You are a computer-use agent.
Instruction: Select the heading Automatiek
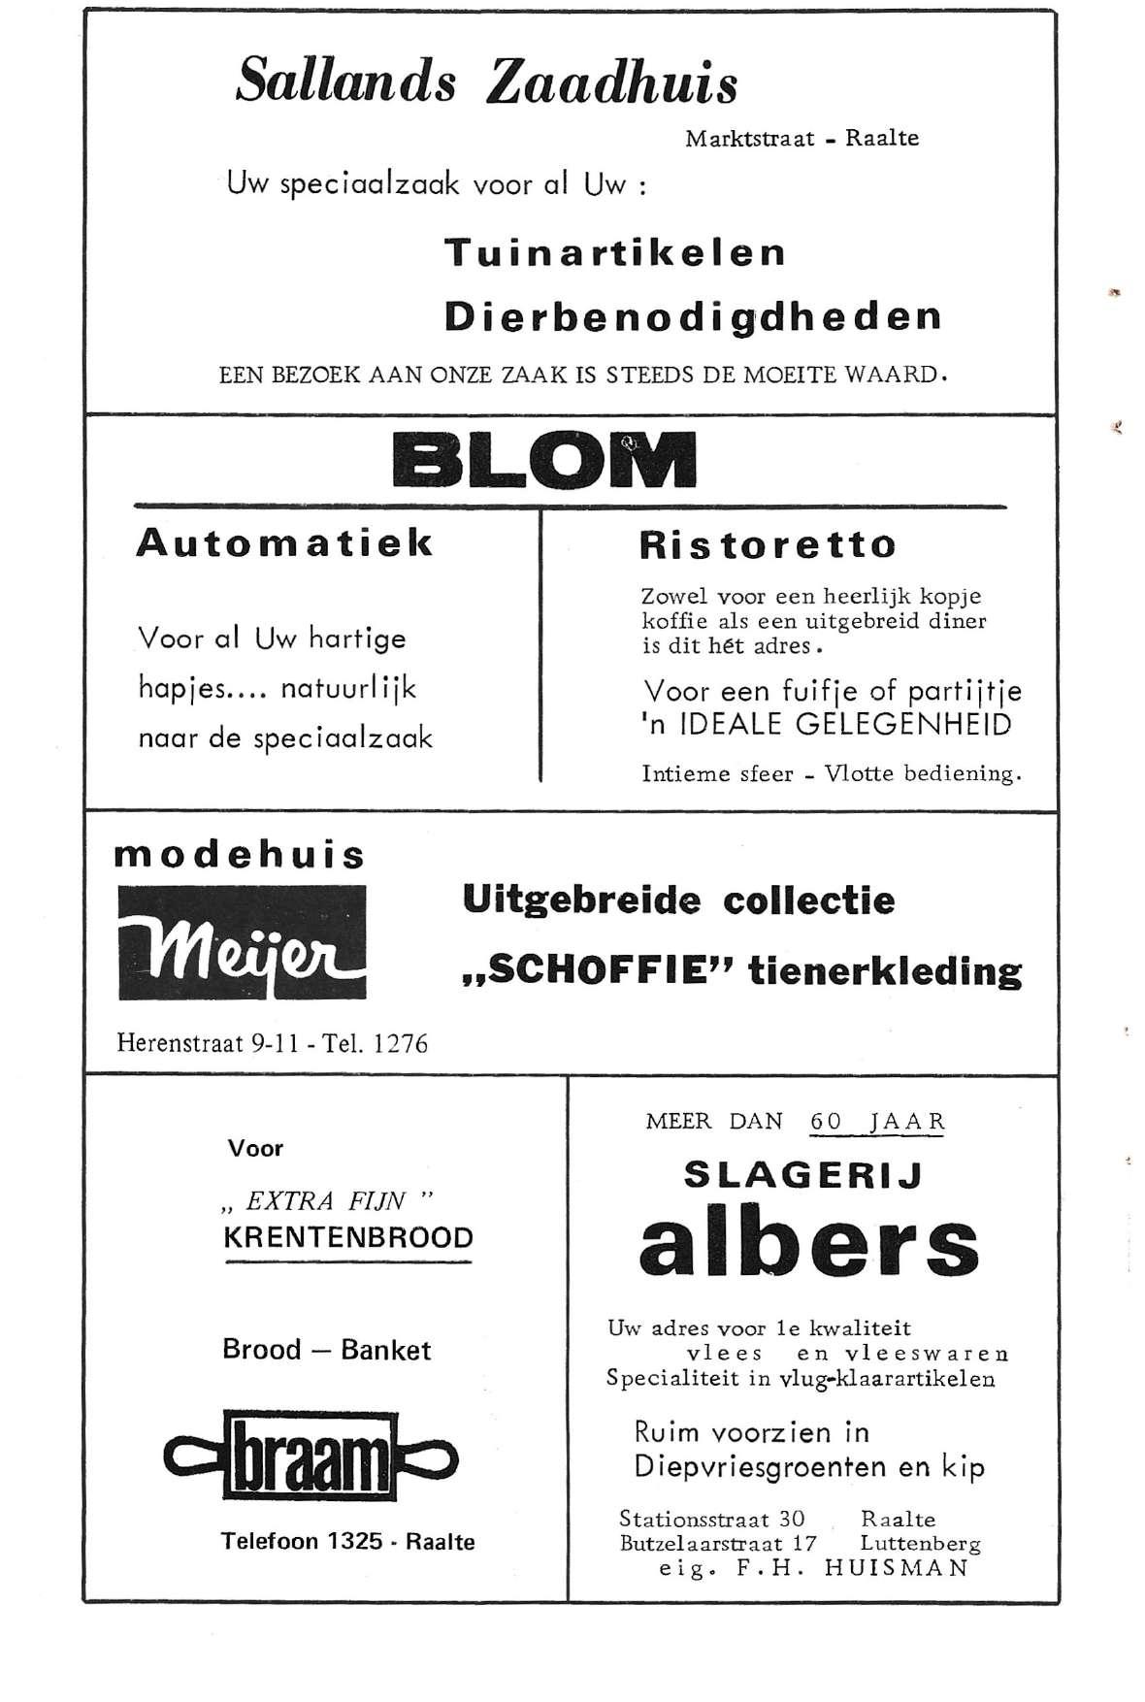(x=284, y=542)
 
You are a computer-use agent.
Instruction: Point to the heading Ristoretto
(x=768, y=544)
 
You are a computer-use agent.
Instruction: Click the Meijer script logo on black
(x=243, y=942)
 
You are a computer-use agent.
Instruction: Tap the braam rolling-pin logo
(x=311, y=1456)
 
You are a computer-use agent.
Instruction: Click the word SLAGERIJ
(x=803, y=1175)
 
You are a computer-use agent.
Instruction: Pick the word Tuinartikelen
(x=615, y=253)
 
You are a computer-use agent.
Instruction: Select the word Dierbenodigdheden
(x=693, y=317)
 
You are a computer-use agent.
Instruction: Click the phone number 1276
(x=400, y=1044)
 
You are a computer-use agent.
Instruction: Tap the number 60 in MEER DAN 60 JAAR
(x=827, y=1122)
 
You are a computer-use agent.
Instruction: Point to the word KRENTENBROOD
(x=348, y=1238)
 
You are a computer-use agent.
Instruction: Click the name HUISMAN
(x=896, y=1568)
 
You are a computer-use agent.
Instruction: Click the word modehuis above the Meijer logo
(x=240, y=855)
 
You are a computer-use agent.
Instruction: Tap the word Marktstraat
(x=749, y=139)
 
